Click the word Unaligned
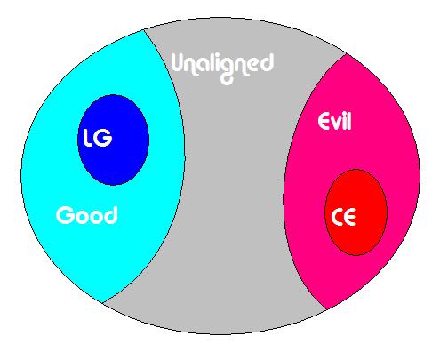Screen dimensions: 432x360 coord(222,68)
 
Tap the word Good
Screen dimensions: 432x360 coord(86,215)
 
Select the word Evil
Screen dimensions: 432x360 coord(334,121)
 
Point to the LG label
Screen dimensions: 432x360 coord(98,138)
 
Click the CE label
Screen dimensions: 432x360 coord(343,217)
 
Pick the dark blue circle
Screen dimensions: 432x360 coord(113,140)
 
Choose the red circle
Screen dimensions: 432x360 coord(356,212)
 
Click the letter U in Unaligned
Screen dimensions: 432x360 coord(179,63)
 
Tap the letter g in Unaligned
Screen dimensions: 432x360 coord(228,72)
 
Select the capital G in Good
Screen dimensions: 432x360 coord(64,215)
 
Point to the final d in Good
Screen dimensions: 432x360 coord(111,215)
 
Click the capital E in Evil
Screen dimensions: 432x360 coord(324,122)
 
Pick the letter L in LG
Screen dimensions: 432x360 coord(87,138)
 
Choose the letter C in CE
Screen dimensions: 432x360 coord(336,218)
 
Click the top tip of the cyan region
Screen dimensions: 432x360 coord(144,29)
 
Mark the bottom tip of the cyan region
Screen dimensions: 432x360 coord(102,303)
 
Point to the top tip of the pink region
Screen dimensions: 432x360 coord(346,54)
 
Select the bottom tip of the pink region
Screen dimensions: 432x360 coord(326,310)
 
